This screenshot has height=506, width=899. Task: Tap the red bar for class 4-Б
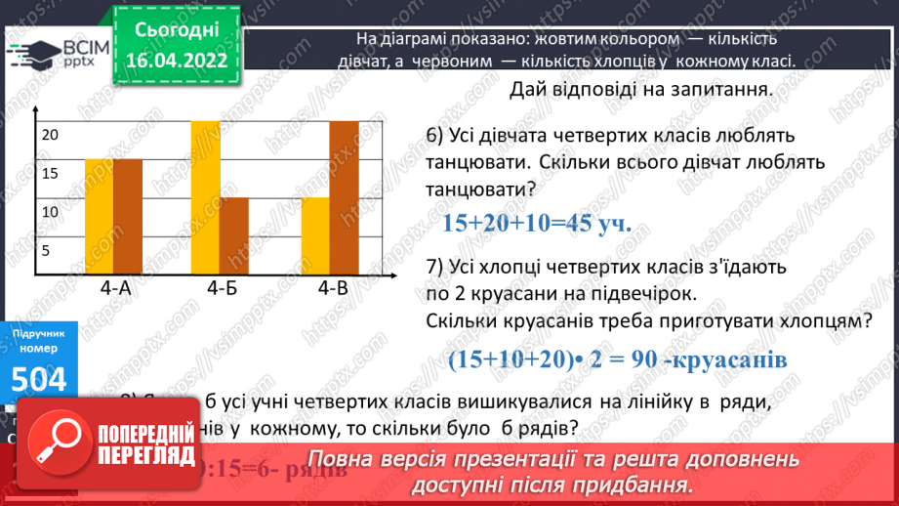[x=233, y=235]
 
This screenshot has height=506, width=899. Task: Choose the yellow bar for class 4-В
[x=315, y=235]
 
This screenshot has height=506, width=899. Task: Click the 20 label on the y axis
[x=50, y=136]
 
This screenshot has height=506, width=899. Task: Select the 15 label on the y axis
[x=50, y=174]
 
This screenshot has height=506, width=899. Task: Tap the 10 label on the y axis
[x=50, y=212]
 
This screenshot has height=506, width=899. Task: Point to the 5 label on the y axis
[x=46, y=250]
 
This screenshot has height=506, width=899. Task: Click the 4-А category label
[x=115, y=288]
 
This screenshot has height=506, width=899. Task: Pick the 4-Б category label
[x=223, y=288]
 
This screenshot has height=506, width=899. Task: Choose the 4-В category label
[x=333, y=288]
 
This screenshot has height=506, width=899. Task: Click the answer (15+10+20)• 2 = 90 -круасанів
[x=617, y=359]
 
